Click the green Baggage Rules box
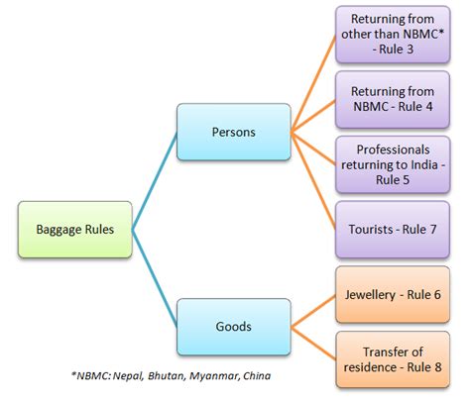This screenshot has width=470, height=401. coord(74,229)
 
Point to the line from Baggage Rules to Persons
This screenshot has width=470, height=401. coord(154,179)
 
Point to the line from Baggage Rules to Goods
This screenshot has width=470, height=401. coord(154,280)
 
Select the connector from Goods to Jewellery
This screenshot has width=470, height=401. coord(312,310)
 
